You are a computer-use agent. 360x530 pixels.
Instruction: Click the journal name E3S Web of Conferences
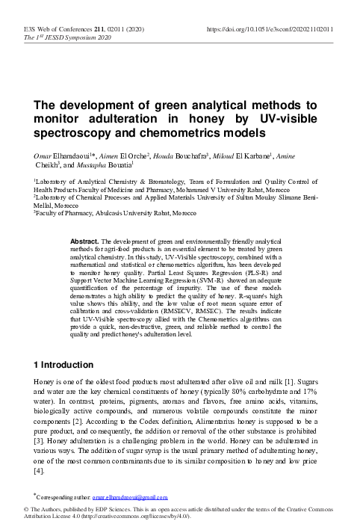pyautogui.click(x=57, y=29)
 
